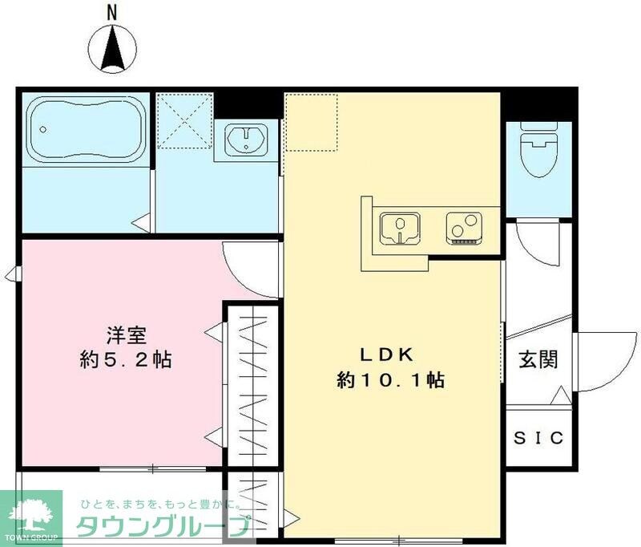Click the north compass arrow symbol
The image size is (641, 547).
(113, 47)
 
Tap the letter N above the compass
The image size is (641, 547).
(113, 11)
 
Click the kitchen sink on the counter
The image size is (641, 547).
(399, 228)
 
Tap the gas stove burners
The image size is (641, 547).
(462, 228)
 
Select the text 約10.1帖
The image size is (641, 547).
(391, 380)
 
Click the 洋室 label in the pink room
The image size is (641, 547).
(126, 334)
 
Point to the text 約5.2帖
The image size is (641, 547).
(126, 359)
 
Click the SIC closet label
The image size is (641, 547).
(539, 439)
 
